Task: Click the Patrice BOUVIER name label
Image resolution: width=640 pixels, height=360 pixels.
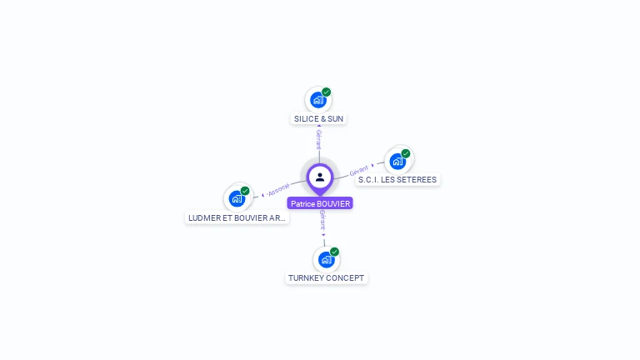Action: click(320, 203)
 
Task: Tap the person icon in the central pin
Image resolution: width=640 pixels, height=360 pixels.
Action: click(320, 177)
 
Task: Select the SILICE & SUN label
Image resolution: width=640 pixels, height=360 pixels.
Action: click(319, 119)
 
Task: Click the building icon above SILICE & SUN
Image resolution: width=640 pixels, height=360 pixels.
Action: click(318, 100)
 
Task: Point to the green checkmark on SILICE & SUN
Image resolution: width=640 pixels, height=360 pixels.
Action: click(326, 92)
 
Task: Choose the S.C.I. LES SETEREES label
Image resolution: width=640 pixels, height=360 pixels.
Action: click(397, 180)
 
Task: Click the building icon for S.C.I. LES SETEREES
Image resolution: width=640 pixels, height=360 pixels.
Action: click(397, 162)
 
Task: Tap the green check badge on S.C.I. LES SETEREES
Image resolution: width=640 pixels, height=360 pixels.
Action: click(406, 153)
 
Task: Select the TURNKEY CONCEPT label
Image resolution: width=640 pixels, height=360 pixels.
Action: click(326, 278)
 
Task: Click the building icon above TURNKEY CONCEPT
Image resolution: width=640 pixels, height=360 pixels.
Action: click(326, 260)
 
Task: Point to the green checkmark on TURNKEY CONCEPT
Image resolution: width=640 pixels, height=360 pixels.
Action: click(334, 252)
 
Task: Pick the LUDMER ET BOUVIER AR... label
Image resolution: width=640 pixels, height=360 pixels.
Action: click(237, 218)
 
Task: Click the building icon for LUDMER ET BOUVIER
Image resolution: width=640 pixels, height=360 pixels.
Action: click(237, 199)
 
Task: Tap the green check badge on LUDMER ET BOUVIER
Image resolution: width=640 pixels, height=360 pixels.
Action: click(245, 191)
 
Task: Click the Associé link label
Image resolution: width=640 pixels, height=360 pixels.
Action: click(278, 190)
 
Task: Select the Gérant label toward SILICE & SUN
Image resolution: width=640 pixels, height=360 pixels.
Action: click(319, 140)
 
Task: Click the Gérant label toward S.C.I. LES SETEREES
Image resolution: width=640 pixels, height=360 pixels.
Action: click(359, 171)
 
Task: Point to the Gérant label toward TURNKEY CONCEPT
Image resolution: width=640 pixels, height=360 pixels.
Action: click(322, 220)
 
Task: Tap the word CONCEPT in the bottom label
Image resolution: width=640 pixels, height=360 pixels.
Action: click(343, 278)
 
